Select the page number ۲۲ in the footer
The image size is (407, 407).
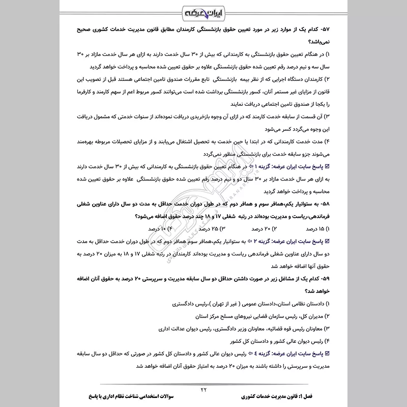click(x=203, y=390)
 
